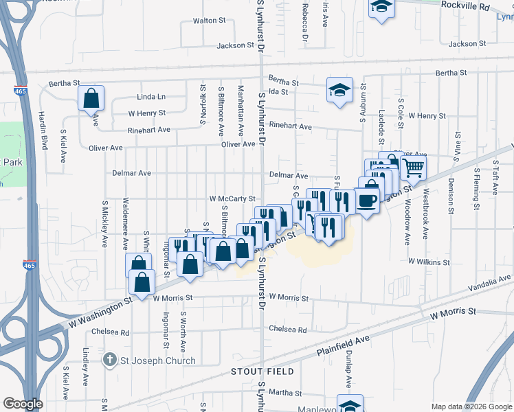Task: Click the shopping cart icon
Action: [x=413, y=167]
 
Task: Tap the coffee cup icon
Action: [x=367, y=201]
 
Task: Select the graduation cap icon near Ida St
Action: [x=339, y=90]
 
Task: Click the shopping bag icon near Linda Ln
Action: [x=91, y=99]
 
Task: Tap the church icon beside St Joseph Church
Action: [x=109, y=360]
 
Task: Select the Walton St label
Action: [x=210, y=21]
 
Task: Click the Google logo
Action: [x=23, y=404]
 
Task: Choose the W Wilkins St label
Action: [x=428, y=262]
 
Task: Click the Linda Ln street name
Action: [x=151, y=98]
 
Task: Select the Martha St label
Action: [x=281, y=392]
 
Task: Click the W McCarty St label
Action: [x=232, y=198]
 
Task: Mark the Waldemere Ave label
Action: [x=125, y=223]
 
